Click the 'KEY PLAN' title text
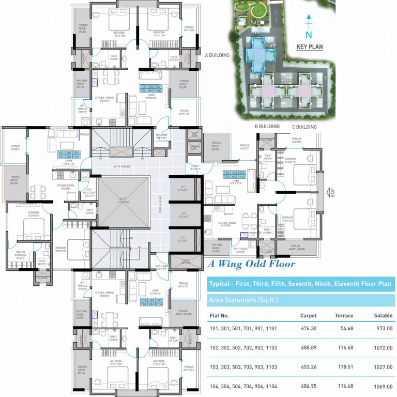pyautogui.click(x=309, y=47)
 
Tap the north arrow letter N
pyautogui.click(x=309, y=35)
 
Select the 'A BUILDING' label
pyautogui.click(x=217, y=55)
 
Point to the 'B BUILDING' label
pyautogui.click(x=267, y=126)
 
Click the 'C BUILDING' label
pyautogui.click(x=304, y=127)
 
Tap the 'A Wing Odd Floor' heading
pyautogui.click(x=252, y=264)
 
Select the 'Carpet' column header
pyautogui.click(x=309, y=315)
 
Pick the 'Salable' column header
pyautogui.click(x=383, y=315)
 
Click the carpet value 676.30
pyautogui.click(x=309, y=328)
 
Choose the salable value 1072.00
pyautogui.click(x=383, y=348)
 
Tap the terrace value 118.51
pyautogui.click(x=344, y=367)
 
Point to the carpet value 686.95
pyautogui.click(x=309, y=386)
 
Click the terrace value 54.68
pyautogui.click(x=345, y=328)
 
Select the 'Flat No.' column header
pyautogui.click(x=219, y=315)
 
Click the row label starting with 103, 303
pyautogui.click(x=243, y=367)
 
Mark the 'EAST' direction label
pyautogui.click(x=332, y=192)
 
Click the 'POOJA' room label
pyautogui.click(x=85, y=134)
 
